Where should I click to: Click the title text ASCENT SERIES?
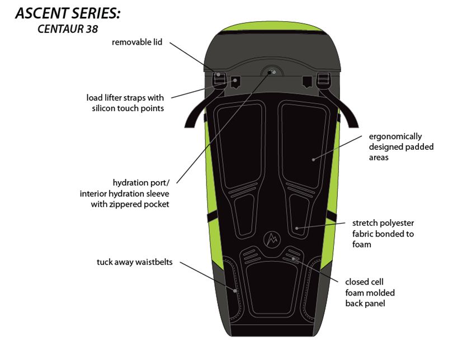68,14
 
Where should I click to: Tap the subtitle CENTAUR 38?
68,30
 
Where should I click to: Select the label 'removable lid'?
137,42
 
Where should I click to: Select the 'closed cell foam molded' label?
370,292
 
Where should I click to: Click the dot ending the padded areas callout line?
313,159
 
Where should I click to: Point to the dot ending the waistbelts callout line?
235,291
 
